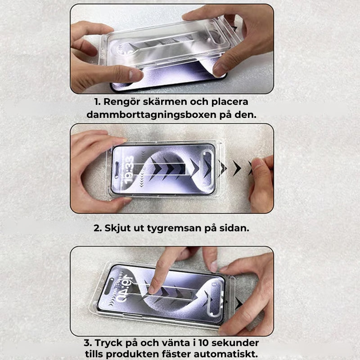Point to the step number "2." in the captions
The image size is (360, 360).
coord(98,228)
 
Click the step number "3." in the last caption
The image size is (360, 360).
coord(87,343)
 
